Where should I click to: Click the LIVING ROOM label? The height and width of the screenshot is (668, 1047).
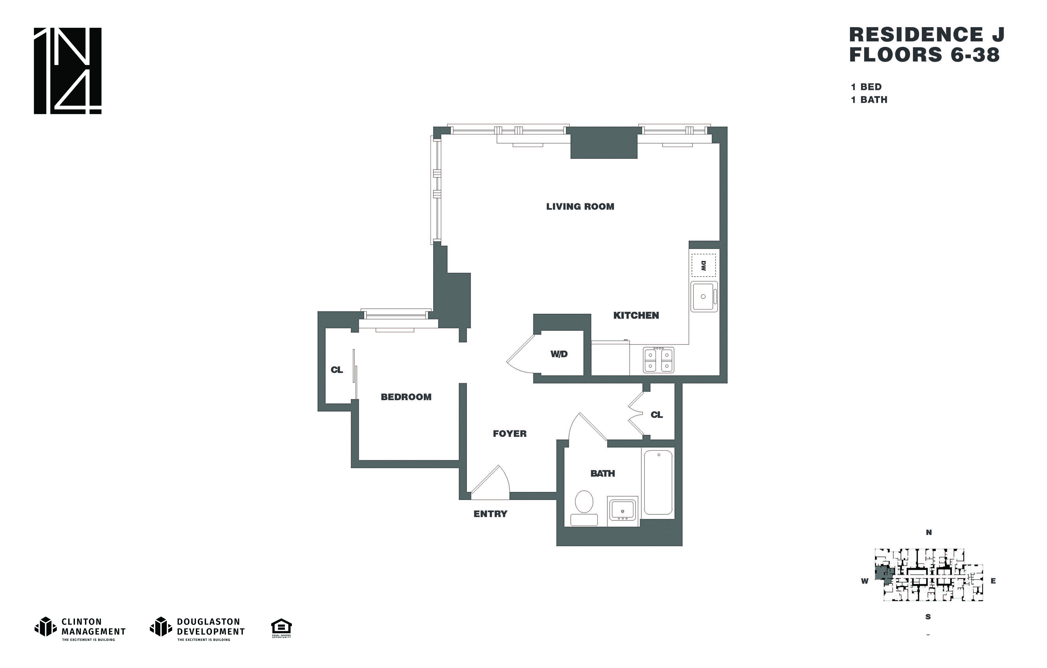click(x=580, y=207)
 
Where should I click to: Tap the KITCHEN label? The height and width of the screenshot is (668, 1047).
click(x=636, y=315)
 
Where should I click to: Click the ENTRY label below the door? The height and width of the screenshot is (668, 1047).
click(x=490, y=514)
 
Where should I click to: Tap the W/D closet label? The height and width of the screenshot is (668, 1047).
click(x=559, y=354)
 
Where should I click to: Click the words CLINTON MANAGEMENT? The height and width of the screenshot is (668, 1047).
click(x=93, y=627)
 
